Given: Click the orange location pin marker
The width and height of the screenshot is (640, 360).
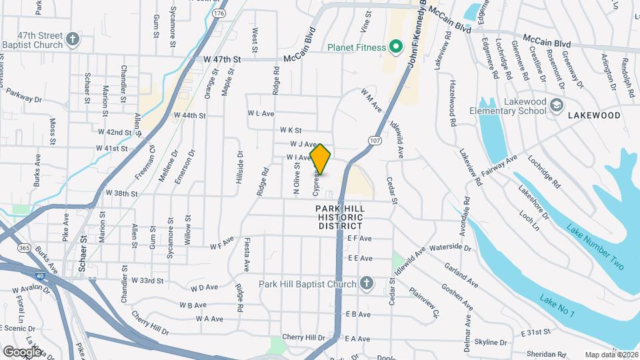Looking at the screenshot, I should coord(321,159).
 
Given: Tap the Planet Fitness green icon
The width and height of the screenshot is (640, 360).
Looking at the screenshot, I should coord(395,47).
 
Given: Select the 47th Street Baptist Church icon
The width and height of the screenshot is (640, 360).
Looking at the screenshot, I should coord(73,40).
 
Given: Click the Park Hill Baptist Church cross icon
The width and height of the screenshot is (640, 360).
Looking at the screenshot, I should coord(365,284).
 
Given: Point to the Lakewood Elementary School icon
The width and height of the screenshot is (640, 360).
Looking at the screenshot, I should coord(557,105).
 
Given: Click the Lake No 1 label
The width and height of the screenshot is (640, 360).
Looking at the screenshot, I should coord(557,311).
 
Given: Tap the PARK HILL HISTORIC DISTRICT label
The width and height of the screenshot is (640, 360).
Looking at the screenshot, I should coord(339,217).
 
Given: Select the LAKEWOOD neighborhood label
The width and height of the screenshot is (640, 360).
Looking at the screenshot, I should coord(594,115).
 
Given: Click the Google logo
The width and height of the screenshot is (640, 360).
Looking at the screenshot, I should coord(21,351).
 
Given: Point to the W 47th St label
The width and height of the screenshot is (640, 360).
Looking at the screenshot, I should coord(221,59).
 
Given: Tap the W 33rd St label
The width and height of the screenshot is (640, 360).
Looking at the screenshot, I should coord(148,280).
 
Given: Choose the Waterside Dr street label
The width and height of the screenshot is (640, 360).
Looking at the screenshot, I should coord(451,248).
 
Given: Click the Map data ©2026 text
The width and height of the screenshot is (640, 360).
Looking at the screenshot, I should coord(611,355).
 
